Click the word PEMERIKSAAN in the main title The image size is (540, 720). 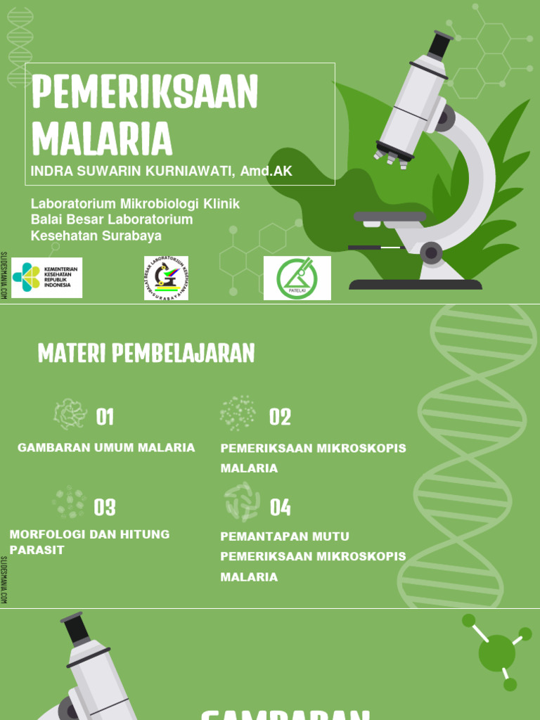[145, 92]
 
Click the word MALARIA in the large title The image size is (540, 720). [102, 139]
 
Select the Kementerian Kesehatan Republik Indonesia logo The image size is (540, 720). [46, 278]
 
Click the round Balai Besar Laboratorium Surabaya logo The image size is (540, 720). [166, 278]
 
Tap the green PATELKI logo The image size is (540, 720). [297, 278]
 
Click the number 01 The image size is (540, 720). [105, 418]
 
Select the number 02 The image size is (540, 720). [280, 418]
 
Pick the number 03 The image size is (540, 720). [105, 507]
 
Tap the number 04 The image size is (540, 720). [280, 507]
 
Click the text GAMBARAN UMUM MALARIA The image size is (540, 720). [106, 448]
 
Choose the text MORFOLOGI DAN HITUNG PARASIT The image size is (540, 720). [89, 542]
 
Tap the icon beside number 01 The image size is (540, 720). [70, 414]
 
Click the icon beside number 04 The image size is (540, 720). [242, 502]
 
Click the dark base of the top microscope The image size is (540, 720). [416, 285]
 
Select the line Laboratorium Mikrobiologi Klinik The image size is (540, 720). [136, 204]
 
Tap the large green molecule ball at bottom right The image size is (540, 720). [496, 652]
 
